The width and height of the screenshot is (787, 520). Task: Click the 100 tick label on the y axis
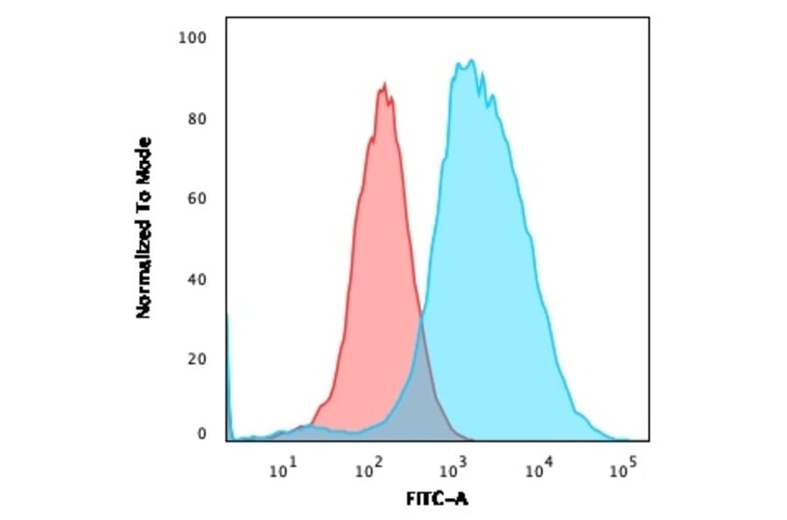(192, 38)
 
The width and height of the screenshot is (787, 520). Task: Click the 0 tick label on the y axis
(201, 433)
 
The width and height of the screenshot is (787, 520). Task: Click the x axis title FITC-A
(437, 500)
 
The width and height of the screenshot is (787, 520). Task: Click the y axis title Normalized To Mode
(144, 228)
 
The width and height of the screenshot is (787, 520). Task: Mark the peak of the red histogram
(383, 84)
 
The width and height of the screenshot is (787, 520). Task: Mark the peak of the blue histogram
(470, 61)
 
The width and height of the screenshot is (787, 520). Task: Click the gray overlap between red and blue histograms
(422, 385)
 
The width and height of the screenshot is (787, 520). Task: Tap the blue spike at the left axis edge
(228, 368)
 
